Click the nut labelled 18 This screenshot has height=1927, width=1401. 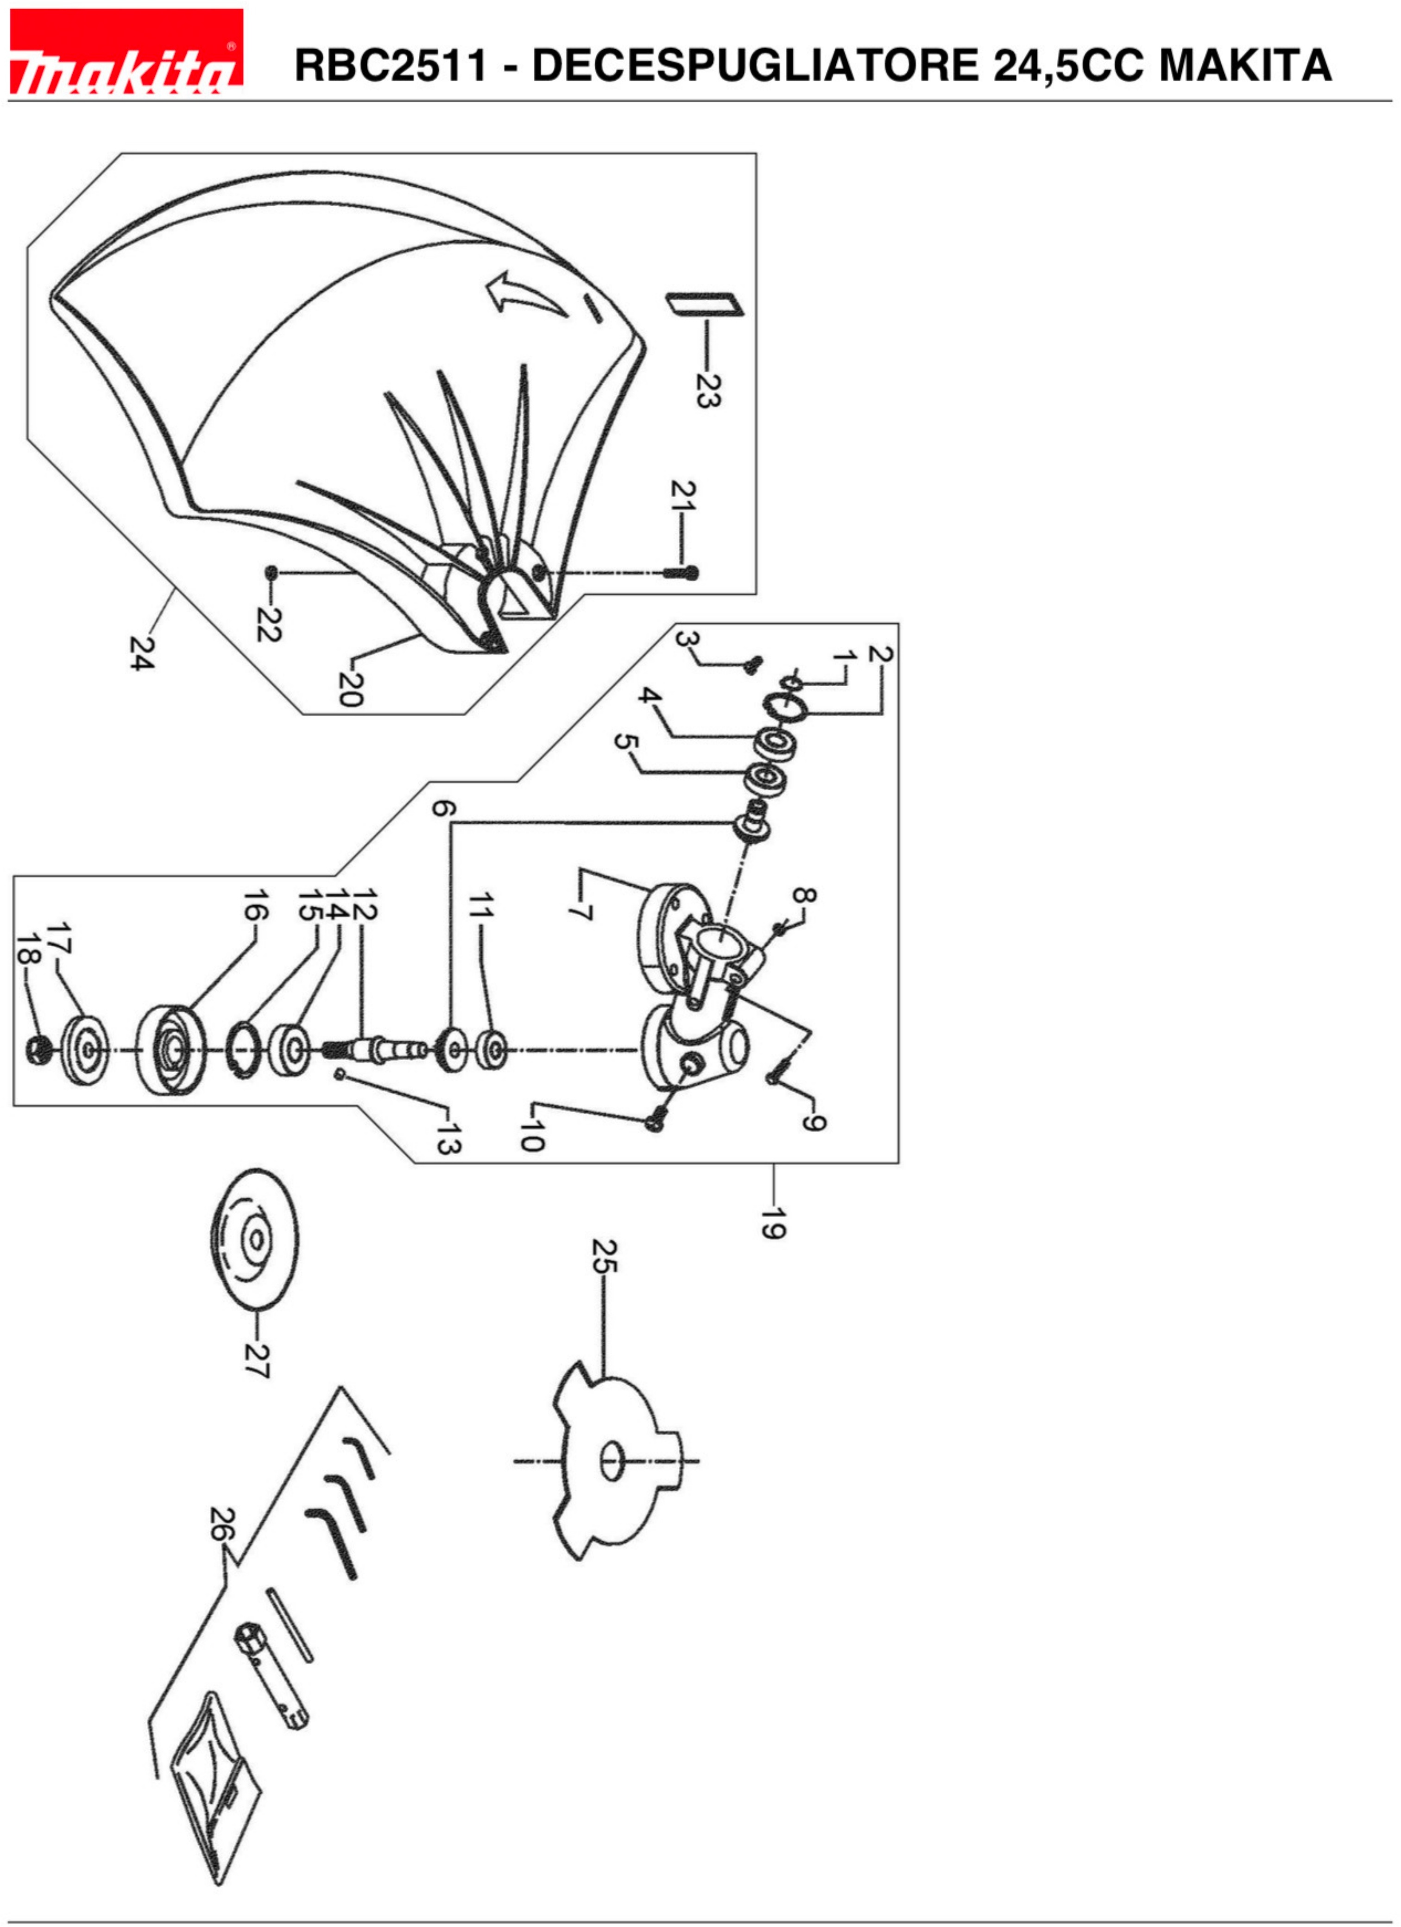pyautogui.click(x=37, y=1050)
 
